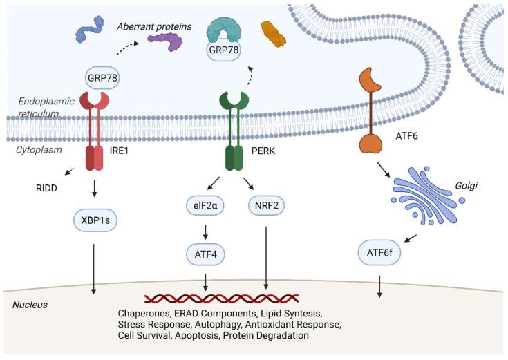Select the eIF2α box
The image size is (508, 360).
tap(206, 205)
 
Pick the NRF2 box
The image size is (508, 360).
tap(266, 205)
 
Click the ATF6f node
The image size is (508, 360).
tap(379, 254)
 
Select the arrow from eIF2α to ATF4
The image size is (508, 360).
tap(206, 231)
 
